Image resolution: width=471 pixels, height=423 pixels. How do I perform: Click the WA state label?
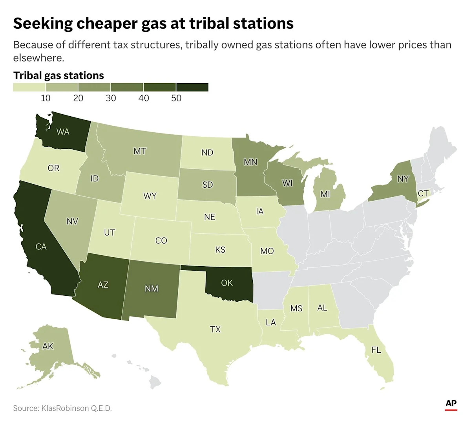click(x=63, y=132)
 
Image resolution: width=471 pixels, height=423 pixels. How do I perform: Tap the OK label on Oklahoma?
click(x=227, y=282)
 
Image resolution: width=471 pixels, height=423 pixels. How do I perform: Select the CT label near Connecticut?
click(x=423, y=193)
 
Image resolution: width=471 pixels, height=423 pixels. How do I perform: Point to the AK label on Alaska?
click(x=48, y=346)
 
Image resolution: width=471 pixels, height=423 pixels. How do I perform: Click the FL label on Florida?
click(x=376, y=350)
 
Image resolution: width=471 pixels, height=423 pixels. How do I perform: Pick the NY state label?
click(x=403, y=179)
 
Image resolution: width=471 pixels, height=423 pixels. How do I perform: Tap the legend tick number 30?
click(x=111, y=98)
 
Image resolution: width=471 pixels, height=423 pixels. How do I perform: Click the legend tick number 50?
click(x=176, y=98)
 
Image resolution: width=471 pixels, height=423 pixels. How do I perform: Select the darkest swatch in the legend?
click(x=192, y=87)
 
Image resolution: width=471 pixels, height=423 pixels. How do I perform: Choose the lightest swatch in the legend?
click(x=29, y=87)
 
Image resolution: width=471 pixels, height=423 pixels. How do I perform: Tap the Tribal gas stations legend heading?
click(x=58, y=75)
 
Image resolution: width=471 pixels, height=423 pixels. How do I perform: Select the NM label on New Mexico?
click(x=152, y=289)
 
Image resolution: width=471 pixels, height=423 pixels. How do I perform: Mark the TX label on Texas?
click(x=215, y=329)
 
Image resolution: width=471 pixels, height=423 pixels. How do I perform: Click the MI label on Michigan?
click(x=325, y=194)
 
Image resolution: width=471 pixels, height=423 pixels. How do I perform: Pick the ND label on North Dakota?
click(x=207, y=152)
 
